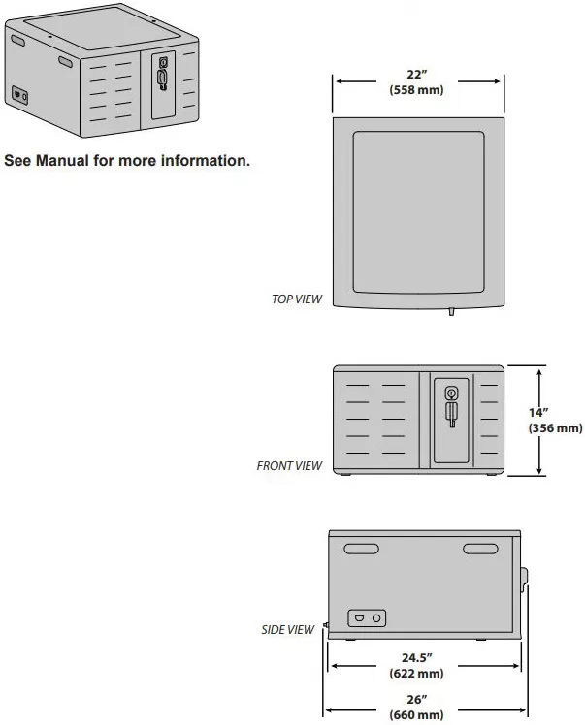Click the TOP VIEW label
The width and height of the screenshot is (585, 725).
pos(296,299)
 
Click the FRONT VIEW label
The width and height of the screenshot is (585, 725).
pos(289,465)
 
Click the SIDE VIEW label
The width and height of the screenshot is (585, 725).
pos(287,629)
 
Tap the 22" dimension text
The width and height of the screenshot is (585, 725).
pos(416,74)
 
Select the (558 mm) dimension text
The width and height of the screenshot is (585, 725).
pos(416,89)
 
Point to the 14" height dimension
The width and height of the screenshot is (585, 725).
pos(538,412)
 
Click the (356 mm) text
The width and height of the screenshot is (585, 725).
pos(555,427)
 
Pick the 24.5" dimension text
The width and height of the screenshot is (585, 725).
pos(416,657)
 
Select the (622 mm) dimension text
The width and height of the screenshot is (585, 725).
pos(416,673)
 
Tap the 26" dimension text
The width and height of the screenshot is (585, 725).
pos(416,700)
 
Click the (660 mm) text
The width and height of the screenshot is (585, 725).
pos(416,715)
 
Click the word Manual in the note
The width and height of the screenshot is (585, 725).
pos(62,161)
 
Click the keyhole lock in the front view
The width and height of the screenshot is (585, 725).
pos(451,394)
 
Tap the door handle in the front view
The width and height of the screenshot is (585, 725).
pos(451,414)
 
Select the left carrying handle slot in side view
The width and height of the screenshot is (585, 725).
pos(362,549)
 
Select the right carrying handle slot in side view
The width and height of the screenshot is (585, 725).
pos(480,549)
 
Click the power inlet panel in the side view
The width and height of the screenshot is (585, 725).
pos(367,618)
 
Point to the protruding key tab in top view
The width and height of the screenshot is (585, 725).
pos(451,312)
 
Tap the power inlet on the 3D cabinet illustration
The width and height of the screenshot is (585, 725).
pos(19,95)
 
